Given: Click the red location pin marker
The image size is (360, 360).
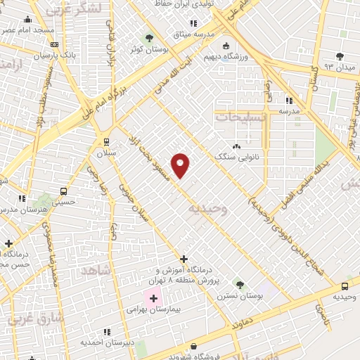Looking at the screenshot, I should tap(181, 165).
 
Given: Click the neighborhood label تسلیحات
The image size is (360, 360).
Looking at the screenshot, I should tap(241, 117).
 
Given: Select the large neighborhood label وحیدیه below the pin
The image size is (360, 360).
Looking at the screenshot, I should tap(207, 208).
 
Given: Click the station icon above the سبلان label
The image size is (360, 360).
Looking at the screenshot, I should tap(105, 141).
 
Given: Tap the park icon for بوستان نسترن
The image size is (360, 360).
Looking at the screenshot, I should tap(240, 284).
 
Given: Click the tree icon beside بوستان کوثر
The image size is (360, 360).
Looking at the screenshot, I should tap(148, 37).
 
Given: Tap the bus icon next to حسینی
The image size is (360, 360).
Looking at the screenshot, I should tap(64, 191).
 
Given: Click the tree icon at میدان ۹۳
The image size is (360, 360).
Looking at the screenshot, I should tap(340, 56).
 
